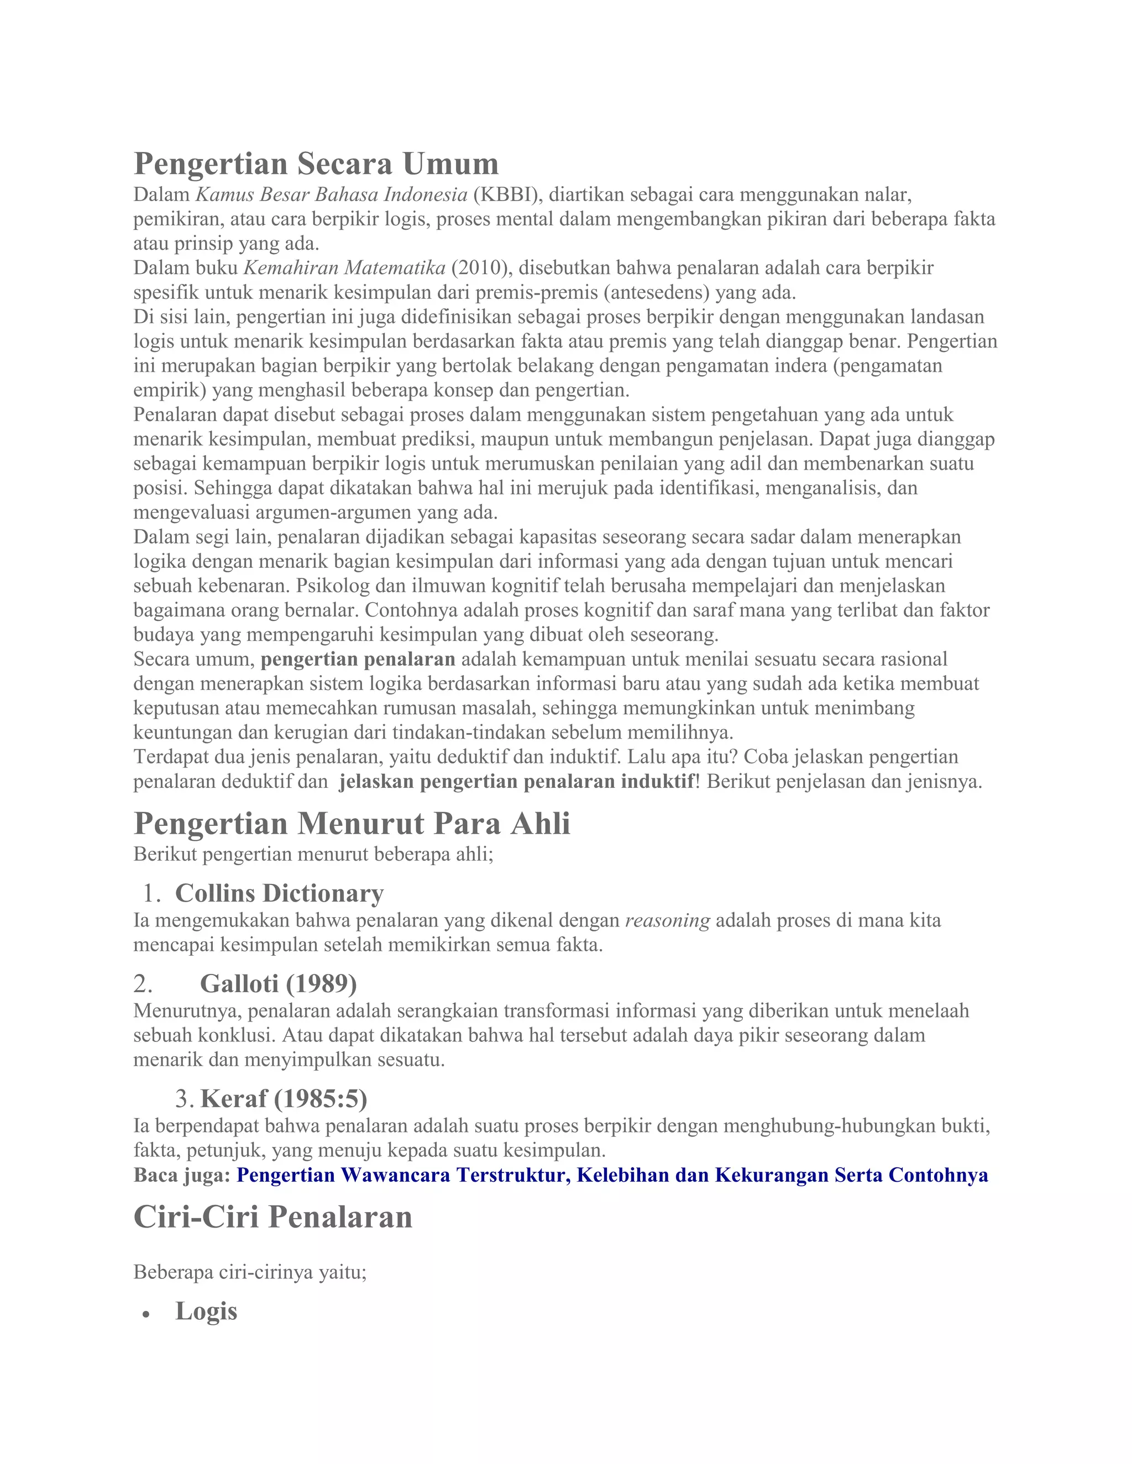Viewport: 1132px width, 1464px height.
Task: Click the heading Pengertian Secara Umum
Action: click(316, 164)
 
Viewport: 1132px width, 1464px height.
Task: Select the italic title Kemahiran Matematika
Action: click(344, 267)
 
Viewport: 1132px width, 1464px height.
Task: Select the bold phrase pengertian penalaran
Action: click(358, 659)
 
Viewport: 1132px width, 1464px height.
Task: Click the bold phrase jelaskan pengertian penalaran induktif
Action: click(516, 781)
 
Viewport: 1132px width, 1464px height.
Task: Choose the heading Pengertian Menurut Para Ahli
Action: click(352, 823)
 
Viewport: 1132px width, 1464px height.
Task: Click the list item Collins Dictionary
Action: click(279, 893)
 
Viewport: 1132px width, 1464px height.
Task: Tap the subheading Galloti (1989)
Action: click(279, 983)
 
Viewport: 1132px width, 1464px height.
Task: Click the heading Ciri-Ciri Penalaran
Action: click(273, 1217)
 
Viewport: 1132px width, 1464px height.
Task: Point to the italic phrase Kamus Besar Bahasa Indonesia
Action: click(331, 194)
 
